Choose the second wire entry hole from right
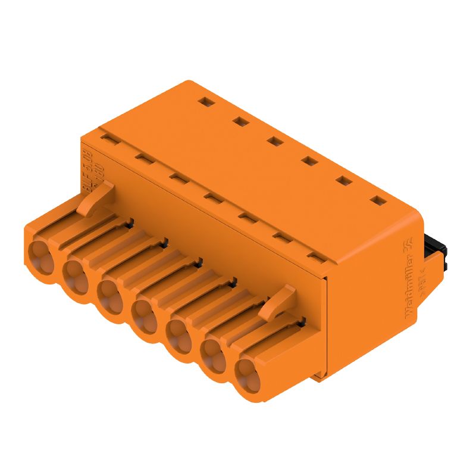212,355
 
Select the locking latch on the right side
280,300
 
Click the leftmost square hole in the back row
205,102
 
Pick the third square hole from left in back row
274,141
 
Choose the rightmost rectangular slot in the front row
315,257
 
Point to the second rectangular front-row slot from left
143,158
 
